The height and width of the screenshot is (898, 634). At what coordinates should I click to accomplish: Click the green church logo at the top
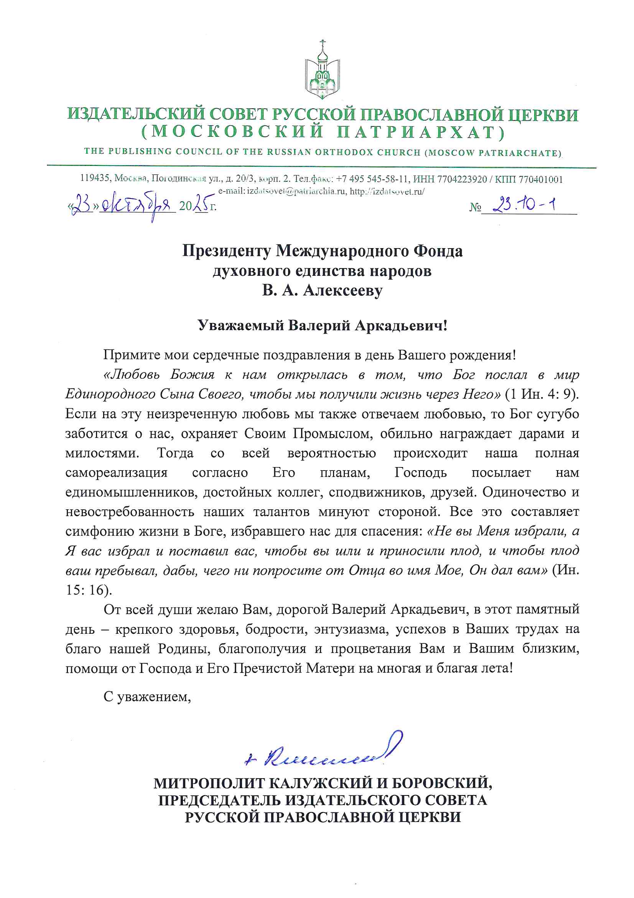322,70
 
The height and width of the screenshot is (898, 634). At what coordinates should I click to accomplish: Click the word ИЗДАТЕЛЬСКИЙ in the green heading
135,114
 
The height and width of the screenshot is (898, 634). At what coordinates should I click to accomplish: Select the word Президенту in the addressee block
226,251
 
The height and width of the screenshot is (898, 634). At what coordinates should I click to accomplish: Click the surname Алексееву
343,291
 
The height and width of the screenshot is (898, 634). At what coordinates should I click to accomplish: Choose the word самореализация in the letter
117,472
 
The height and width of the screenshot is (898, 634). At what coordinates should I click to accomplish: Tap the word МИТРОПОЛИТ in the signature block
209,783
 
